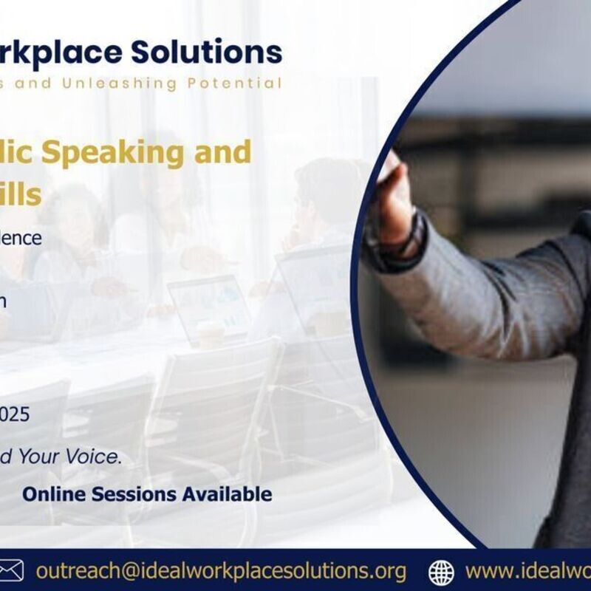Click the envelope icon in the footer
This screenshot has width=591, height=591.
click(10, 570)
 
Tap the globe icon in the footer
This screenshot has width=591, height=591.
click(441, 571)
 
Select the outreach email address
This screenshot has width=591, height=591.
click(221, 570)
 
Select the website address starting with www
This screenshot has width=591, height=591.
click(527, 570)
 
